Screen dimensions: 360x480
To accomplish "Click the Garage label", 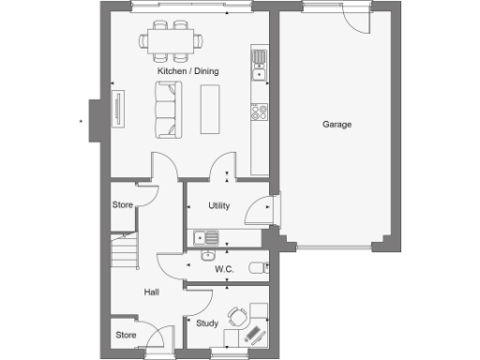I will [337, 125].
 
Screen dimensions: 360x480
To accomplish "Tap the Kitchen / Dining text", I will [183, 71].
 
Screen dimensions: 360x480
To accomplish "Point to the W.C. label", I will [223, 269].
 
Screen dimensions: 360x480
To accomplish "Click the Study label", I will [206, 322].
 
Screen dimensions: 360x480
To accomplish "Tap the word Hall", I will [151, 292].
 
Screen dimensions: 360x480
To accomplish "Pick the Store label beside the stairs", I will [123, 204].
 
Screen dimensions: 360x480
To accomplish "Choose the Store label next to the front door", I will [126, 334].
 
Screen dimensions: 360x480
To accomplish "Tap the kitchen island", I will [210, 108].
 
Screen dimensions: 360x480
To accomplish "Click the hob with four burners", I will [260, 112].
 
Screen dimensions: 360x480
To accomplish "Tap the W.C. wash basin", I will [209, 254].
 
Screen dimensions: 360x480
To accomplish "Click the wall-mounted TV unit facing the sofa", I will [118, 109].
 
